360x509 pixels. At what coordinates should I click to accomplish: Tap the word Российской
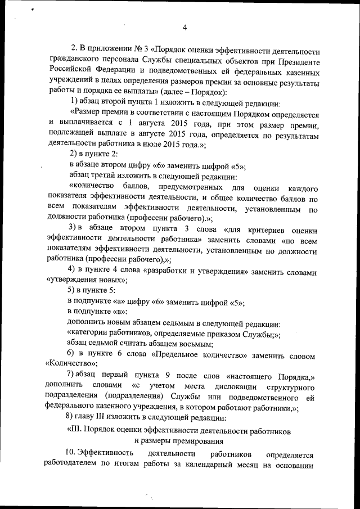[69, 73]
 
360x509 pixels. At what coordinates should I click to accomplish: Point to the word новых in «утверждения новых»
[104, 280]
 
